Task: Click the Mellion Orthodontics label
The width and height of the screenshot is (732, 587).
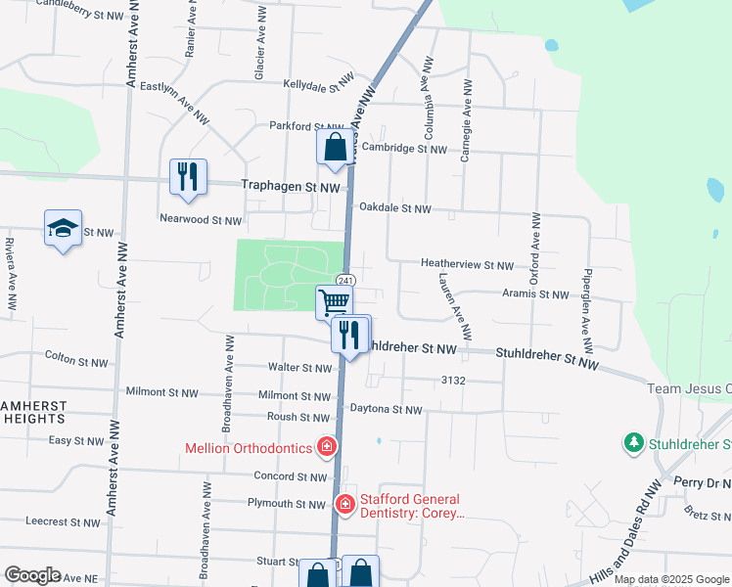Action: pos(250,449)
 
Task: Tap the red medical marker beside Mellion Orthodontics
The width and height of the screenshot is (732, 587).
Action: pos(327,448)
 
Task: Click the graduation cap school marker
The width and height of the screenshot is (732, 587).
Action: pos(64,229)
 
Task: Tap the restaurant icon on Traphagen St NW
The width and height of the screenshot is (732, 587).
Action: pos(188,177)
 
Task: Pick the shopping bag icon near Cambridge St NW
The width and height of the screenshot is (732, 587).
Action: pos(335,148)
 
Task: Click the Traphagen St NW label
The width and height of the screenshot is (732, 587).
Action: pos(291,186)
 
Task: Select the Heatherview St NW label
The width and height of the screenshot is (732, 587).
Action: pos(467,264)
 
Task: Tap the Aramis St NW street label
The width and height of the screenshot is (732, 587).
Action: pos(535,294)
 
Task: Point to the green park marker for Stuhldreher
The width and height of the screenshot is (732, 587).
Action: pos(633,444)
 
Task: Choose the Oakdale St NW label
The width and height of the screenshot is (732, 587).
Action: pos(394,208)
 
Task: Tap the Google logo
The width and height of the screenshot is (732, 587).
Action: pos(32,575)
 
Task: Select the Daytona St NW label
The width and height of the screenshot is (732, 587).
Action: pos(386,410)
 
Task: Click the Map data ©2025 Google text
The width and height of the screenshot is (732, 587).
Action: pos(671,579)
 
